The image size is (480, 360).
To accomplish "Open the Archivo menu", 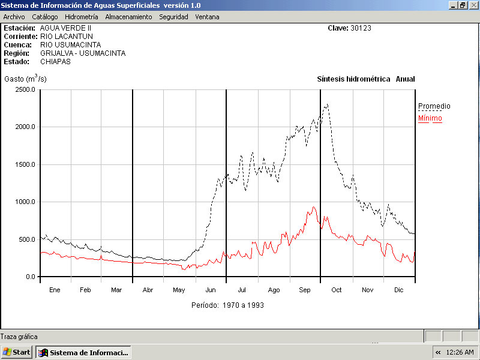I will pyautogui.click(x=14, y=17).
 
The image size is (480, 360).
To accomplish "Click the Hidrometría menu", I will pyautogui.click(x=81, y=17).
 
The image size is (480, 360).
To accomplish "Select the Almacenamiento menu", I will pyautogui.click(x=128, y=17).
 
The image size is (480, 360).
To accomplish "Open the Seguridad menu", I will pyautogui.click(x=173, y=17).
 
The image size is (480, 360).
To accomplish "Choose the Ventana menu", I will pyautogui.click(x=207, y=17).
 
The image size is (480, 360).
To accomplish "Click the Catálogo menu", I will pyautogui.click(x=45, y=17).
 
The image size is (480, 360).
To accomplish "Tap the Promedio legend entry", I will pyautogui.click(x=434, y=106).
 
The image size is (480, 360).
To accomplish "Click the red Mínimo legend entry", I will pyautogui.click(x=430, y=118).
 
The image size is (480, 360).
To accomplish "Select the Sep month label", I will pyautogui.click(x=305, y=290).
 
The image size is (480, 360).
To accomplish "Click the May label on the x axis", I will pyautogui.click(x=179, y=290).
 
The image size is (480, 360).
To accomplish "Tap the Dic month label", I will pyautogui.click(x=399, y=290).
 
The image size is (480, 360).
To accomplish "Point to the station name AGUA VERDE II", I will pyautogui.click(x=66, y=28).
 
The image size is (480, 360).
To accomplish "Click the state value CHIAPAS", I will pyautogui.click(x=55, y=62).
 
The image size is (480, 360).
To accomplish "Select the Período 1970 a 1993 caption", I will pyautogui.click(x=227, y=305).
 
